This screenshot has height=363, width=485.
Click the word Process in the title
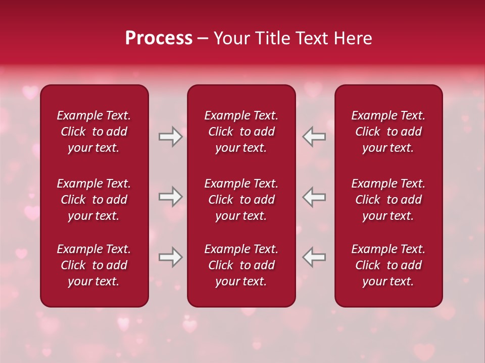[x=159, y=38]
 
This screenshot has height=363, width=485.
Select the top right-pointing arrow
[x=170, y=137]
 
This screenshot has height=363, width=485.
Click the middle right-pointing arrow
[x=170, y=197]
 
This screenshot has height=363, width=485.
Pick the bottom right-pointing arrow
[x=170, y=257]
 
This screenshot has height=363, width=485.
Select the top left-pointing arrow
[x=314, y=137]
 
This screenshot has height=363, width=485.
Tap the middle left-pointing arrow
[x=314, y=197]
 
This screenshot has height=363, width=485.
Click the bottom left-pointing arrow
[x=314, y=257]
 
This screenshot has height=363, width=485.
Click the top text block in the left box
[x=94, y=132]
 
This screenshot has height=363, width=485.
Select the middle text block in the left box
[x=94, y=200]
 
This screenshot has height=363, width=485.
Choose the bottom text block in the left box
[x=94, y=265]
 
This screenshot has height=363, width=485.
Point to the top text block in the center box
[x=241, y=132]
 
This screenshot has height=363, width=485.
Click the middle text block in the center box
[x=241, y=200]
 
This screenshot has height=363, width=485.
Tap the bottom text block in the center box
[x=241, y=265]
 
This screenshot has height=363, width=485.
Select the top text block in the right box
[x=389, y=132]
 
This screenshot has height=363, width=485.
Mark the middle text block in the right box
[x=389, y=200]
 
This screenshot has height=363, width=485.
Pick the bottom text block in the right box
[x=389, y=265]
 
